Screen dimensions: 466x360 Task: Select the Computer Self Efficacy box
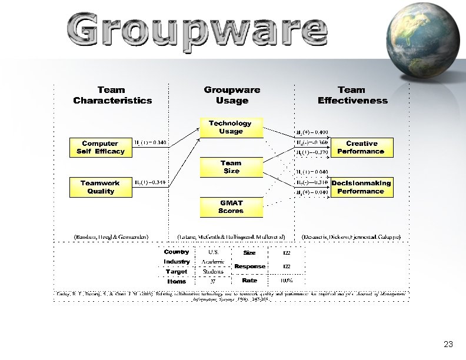point(101,148)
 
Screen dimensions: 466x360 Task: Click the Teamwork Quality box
point(101,187)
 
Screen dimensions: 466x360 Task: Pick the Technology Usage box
point(231,128)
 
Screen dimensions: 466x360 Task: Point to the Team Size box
point(231,167)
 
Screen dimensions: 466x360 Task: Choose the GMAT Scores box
point(231,207)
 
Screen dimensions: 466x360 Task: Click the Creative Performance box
point(361,148)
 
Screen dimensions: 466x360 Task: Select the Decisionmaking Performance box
point(361,187)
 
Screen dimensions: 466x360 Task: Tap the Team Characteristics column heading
point(112,95)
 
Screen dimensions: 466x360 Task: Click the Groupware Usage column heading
point(232,95)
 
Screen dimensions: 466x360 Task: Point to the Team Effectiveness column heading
point(352,95)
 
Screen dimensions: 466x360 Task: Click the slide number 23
point(448,344)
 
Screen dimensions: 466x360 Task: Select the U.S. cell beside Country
point(214,252)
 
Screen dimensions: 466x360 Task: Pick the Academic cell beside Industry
point(213,262)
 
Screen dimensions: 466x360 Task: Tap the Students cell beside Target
point(213,272)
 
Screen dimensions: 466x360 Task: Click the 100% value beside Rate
point(287,281)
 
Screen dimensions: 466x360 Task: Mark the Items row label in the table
point(177,282)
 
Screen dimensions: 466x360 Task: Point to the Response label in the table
point(249,266)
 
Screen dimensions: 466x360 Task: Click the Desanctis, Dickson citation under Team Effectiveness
point(351,236)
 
